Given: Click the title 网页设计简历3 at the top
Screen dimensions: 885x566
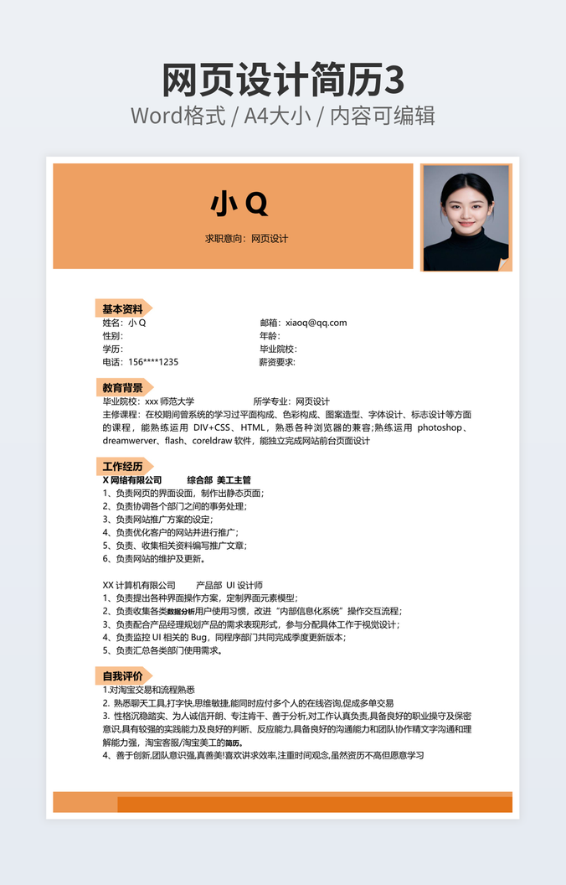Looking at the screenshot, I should point(282,81).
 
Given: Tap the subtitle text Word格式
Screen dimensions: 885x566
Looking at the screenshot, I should point(178,116).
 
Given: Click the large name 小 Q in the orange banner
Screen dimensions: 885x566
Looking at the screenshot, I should point(239,203).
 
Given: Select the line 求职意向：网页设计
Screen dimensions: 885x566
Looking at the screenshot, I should point(246,239).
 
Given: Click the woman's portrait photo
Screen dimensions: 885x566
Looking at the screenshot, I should point(466,217).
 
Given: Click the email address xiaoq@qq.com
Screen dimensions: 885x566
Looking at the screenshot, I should point(316,323).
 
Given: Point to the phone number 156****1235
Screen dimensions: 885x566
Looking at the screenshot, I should point(153,362).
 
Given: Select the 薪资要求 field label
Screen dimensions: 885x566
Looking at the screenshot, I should point(277,362).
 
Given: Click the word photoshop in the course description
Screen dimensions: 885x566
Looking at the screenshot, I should point(440,427).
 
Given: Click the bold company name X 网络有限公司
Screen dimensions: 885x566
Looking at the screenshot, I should point(131,480).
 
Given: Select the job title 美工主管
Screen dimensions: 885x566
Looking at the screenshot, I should point(234,480).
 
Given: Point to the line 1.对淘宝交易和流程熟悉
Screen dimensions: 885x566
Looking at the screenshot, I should point(148,690).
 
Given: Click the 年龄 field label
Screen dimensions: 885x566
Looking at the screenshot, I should point(270,336).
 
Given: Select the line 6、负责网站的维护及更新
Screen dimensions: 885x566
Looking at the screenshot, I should point(153,559).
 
